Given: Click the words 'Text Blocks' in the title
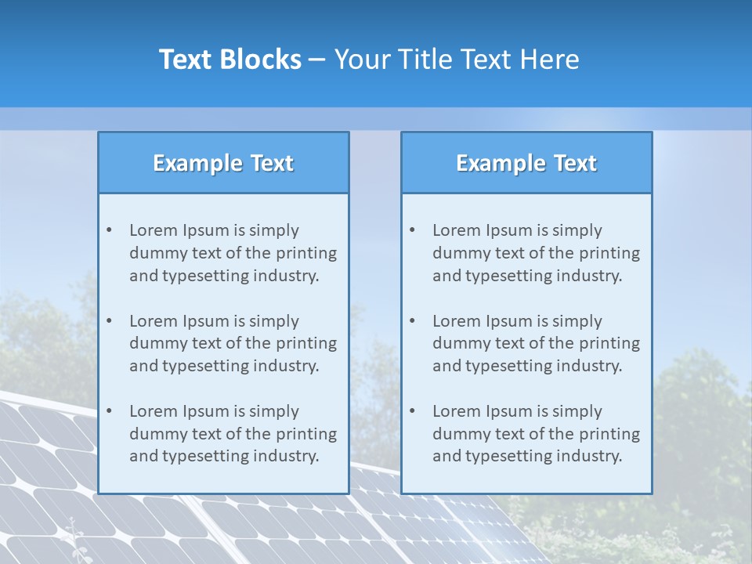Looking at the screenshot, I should click(230, 60).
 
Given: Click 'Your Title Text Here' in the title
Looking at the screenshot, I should click(457, 60).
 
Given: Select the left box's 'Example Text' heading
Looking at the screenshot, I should click(223, 163).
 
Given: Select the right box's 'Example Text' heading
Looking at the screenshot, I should click(526, 163).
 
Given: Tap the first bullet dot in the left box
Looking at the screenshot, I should click(109, 230).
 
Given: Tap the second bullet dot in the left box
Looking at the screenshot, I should click(109, 321).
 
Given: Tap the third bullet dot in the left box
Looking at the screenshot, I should click(109, 411).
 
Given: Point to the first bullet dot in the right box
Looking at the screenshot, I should click(412, 230).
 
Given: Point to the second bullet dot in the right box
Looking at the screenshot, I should click(412, 321).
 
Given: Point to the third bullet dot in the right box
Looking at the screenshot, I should click(412, 411).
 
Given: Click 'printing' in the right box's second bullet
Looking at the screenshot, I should click(610, 343).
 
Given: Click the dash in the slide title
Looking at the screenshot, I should click(317, 60).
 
